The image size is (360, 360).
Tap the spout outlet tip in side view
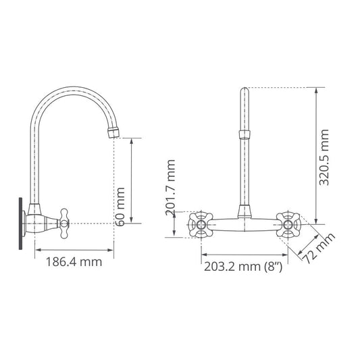pyautogui.click(x=113, y=130)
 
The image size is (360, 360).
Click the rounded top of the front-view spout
pyautogui.click(x=245, y=89)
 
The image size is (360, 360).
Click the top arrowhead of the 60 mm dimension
pyautogui.click(x=132, y=140)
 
